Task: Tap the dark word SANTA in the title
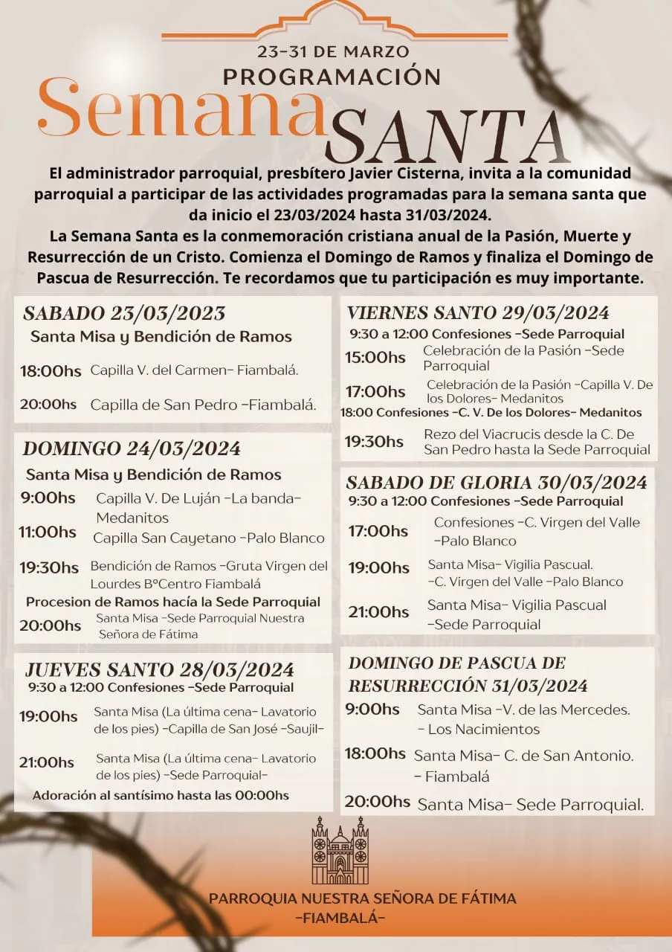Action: [x=446, y=138]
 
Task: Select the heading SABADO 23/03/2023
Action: [x=124, y=313]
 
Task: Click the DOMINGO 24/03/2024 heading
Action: [x=132, y=448]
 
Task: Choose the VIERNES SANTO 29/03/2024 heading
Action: [x=478, y=312]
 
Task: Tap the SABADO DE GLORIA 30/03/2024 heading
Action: [x=497, y=483]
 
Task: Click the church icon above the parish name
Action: [x=340, y=850]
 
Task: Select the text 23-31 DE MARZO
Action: [x=333, y=52]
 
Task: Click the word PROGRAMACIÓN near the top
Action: [x=332, y=76]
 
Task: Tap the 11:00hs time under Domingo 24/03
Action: [x=48, y=533]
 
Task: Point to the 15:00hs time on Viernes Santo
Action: [x=375, y=358]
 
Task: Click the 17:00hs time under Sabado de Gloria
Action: [x=378, y=531]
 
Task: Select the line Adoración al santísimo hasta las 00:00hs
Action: [x=161, y=795]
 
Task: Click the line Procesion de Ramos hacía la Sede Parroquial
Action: [x=173, y=602]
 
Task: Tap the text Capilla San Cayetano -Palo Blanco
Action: [x=209, y=538]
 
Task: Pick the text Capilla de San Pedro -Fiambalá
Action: [x=204, y=405]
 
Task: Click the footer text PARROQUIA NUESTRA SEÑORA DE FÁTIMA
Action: [x=362, y=898]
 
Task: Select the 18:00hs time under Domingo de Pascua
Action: [x=375, y=754]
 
